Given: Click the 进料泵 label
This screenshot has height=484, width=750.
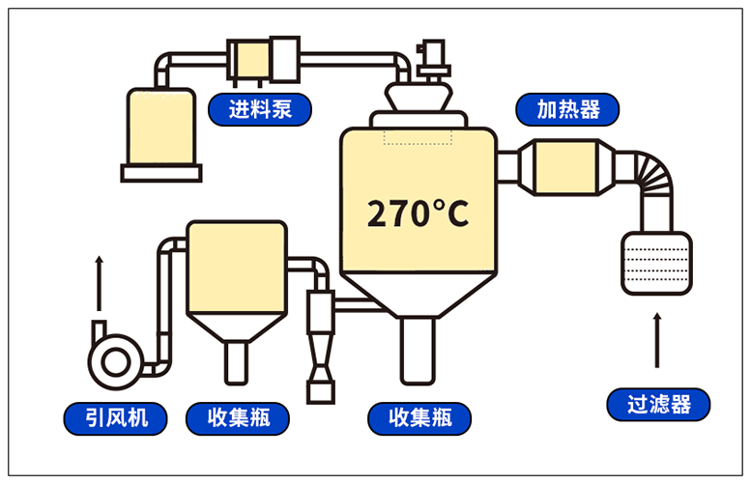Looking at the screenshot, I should [x=261, y=107].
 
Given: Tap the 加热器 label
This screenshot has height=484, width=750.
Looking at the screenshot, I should [x=568, y=108].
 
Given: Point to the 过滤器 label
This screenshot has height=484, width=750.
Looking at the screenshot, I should [x=658, y=404].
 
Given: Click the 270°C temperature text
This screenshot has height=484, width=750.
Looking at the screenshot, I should [x=418, y=214].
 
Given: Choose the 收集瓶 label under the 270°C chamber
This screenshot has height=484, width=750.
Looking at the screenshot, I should [x=420, y=417].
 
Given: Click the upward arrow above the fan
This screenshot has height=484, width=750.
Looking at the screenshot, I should [x=99, y=284].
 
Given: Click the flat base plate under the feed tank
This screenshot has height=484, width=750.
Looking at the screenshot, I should [x=161, y=174].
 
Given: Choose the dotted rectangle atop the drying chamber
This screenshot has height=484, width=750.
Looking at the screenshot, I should [x=418, y=134].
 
